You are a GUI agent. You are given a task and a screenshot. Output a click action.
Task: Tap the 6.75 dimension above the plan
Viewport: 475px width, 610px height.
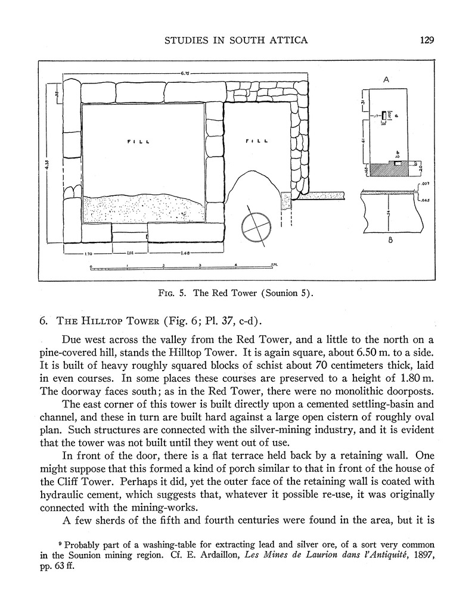(x=185, y=73)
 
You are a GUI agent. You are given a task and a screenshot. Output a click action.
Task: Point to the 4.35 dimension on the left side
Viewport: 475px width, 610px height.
(x=47, y=170)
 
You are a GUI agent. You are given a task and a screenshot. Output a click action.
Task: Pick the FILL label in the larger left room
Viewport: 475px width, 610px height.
(x=139, y=141)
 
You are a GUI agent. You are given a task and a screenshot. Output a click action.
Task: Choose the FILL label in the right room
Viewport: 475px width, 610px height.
(x=257, y=141)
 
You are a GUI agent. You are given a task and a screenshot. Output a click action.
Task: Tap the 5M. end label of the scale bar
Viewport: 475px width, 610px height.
(x=275, y=264)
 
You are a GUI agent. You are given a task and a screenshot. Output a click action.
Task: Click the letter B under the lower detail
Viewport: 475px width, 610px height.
(x=389, y=241)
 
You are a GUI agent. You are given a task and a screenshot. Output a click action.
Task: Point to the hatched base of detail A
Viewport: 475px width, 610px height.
(x=389, y=169)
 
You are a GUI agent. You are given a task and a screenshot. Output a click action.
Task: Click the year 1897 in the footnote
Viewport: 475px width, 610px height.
(x=417, y=555)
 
